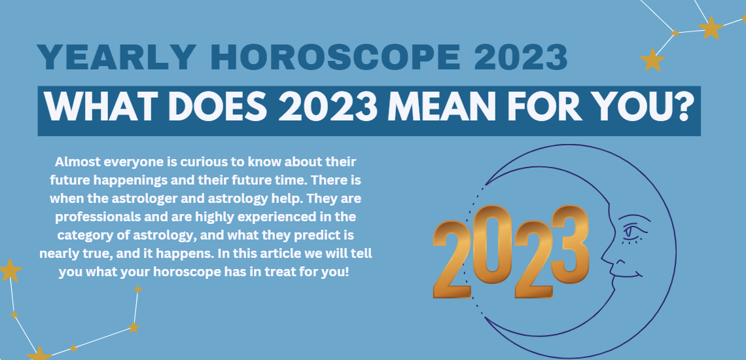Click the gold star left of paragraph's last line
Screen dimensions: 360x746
point(9,269)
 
